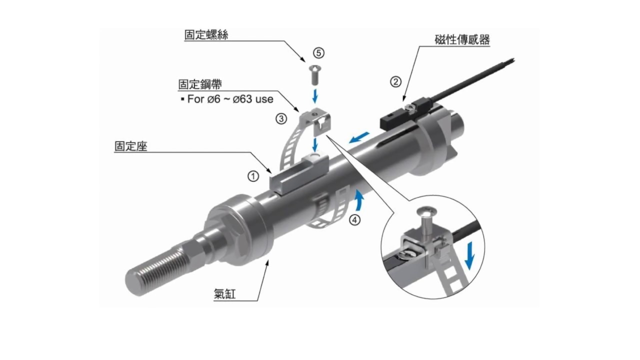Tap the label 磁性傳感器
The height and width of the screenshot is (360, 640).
[x=462, y=40]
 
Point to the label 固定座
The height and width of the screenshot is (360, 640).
[x=130, y=146]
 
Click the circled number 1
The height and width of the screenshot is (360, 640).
[x=254, y=176]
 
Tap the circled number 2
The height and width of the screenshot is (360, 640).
[x=395, y=81]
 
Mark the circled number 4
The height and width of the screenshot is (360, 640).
[x=354, y=219]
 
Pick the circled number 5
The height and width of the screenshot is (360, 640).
[x=318, y=52]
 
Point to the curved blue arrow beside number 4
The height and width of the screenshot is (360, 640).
[x=358, y=201]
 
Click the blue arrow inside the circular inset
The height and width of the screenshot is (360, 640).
[x=469, y=255]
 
